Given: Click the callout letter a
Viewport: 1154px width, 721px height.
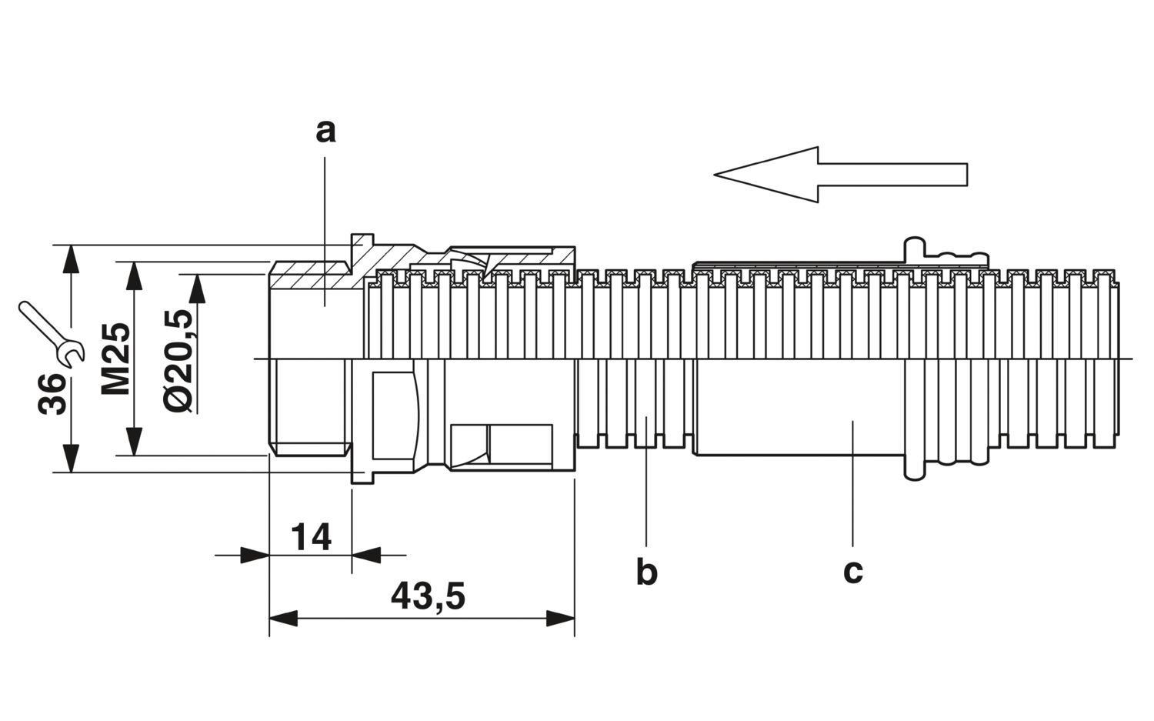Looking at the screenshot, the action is [x=325, y=132].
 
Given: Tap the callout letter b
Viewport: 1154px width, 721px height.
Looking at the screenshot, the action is [x=646, y=572].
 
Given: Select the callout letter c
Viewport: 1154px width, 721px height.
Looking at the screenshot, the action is [x=853, y=572].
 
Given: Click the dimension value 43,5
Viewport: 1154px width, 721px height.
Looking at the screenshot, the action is [x=428, y=596].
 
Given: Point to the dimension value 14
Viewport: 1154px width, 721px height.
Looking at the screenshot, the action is [x=311, y=537].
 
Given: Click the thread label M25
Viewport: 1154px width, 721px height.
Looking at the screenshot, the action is [x=115, y=359].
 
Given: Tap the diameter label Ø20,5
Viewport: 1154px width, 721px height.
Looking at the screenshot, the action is [x=179, y=359].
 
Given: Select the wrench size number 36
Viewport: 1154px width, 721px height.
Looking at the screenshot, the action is [x=52, y=394].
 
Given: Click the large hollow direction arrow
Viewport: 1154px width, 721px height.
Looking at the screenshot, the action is [x=840, y=174].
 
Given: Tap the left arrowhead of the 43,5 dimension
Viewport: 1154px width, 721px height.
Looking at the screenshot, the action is [x=283, y=619].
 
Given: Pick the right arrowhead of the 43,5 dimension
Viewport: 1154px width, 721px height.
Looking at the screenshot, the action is [x=560, y=619].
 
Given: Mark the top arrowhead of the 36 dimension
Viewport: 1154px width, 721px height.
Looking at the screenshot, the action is [x=71, y=259].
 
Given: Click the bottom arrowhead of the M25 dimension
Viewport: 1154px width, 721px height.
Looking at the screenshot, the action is [x=134, y=441].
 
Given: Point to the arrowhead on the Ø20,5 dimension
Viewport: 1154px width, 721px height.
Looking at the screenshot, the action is [x=196, y=288].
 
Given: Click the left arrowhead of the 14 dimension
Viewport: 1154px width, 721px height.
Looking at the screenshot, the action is [x=255, y=556].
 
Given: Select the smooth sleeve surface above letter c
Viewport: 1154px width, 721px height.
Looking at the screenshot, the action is [x=799, y=407].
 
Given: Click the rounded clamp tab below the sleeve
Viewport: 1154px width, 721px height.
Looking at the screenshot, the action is [x=915, y=468].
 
